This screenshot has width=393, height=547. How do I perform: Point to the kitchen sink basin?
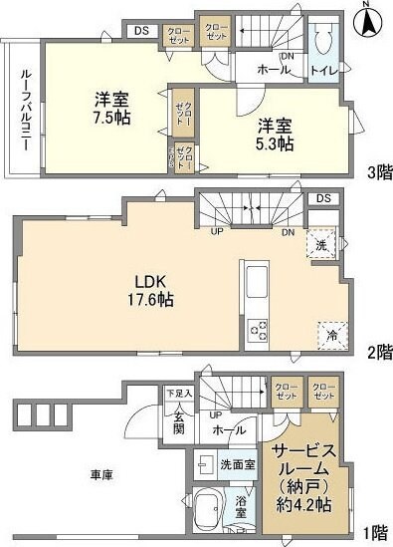pos(255,277)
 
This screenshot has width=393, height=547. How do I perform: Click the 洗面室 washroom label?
pos(239,464)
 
